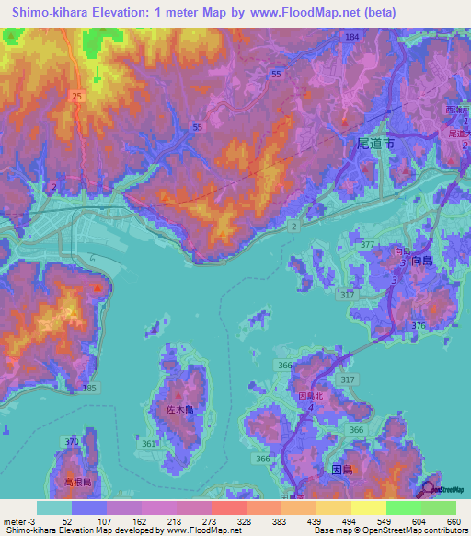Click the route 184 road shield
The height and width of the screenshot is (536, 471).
pyautogui.click(x=351, y=36)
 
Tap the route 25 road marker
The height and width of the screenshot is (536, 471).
pyautogui.click(x=75, y=96)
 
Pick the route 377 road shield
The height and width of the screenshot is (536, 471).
pyautogui.click(x=368, y=244)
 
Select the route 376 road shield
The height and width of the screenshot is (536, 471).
pyautogui.click(x=419, y=326)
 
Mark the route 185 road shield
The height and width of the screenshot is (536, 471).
pyautogui.click(x=89, y=390)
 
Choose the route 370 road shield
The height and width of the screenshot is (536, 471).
pyautogui.click(x=72, y=442)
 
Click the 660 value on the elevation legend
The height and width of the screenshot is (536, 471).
pyautogui.click(x=453, y=521)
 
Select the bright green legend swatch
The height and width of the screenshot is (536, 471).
pyautogui.click(x=404, y=507)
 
